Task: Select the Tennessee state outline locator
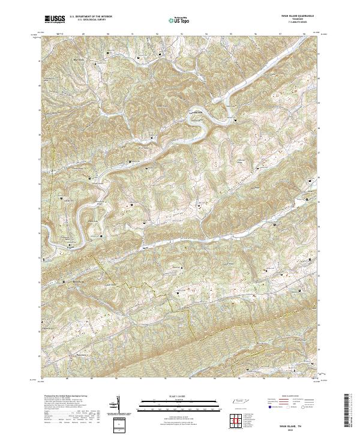242,402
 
